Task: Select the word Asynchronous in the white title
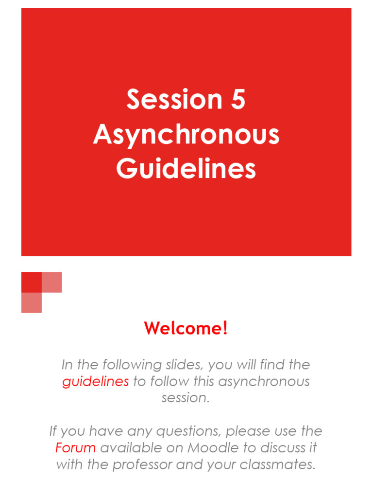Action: click(x=186, y=135)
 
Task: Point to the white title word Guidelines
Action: click(x=186, y=169)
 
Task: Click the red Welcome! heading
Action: click(x=186, y=329)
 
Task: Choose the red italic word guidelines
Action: click(x=96, y=381)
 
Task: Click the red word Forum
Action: click(x=75, y=447)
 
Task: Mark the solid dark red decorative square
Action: click(x=32, y=282)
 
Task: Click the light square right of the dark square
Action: click(x=52, y=282)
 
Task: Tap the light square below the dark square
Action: click(x=32, y=302)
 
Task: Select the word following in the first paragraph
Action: click(x=117, y=365)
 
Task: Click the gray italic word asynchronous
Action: click(x=264, y=381)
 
